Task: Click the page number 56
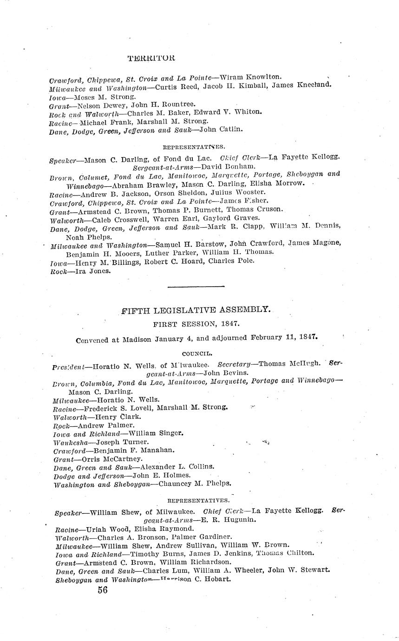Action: [103, 590]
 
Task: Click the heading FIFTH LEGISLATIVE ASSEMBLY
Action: [196, 309]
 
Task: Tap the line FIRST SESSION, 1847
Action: [196, 324]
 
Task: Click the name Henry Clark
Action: [118, 417]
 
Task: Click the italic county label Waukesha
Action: [71, 442]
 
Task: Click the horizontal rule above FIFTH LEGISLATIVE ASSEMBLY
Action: [196, 287]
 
